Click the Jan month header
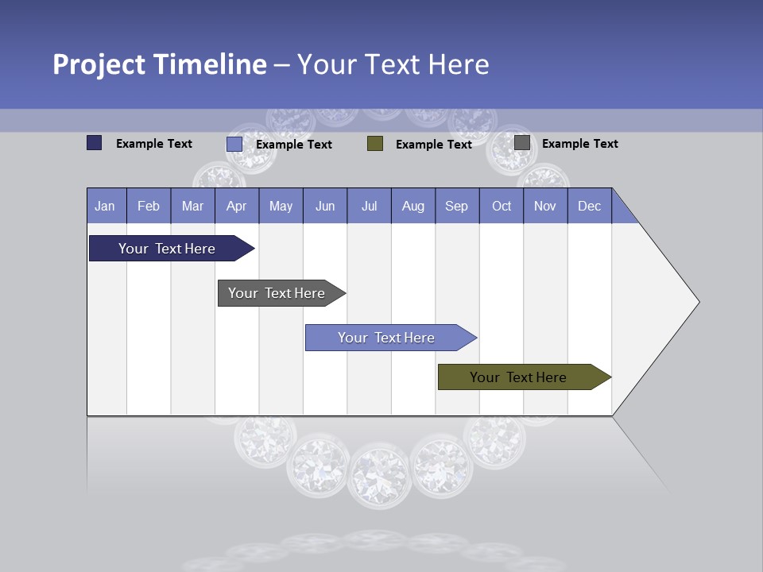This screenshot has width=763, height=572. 105,206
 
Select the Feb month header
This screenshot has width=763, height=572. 149,206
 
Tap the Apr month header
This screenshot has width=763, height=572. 237,206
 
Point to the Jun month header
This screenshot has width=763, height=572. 325,206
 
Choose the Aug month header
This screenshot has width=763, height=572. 413,206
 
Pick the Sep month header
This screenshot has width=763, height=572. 457,206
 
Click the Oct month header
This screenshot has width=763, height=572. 502,206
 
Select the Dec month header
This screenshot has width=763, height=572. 590,206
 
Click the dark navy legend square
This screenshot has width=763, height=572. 95,143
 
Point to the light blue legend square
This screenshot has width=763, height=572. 234,144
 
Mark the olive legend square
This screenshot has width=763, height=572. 375,143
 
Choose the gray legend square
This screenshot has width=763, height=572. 522,143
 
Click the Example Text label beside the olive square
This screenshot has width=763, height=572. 434,144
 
